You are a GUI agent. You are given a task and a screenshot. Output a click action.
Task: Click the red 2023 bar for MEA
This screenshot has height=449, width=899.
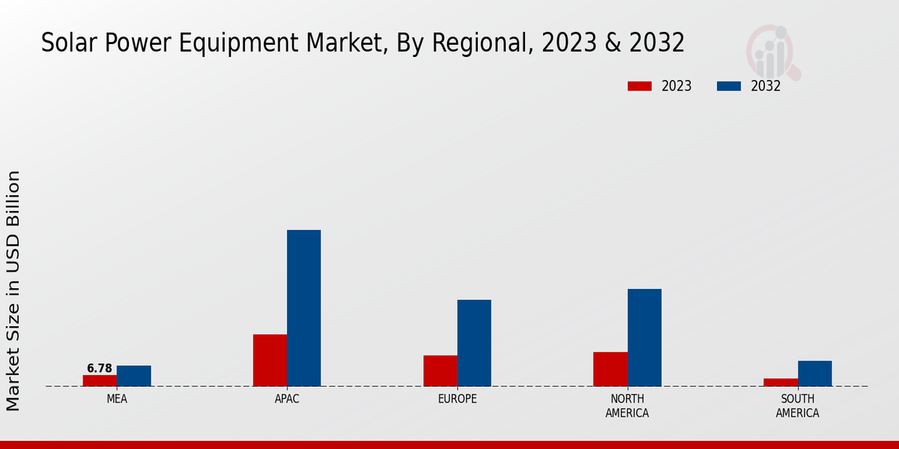point(100,381)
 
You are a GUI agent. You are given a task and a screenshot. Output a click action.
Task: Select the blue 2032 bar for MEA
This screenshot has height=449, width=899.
point(133,376)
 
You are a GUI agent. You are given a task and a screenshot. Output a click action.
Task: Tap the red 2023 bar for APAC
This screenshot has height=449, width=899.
point(270,360)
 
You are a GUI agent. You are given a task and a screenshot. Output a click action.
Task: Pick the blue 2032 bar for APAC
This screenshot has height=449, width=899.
point(303,308)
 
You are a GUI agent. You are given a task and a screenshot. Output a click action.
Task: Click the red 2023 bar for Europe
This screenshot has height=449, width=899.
point(440,370)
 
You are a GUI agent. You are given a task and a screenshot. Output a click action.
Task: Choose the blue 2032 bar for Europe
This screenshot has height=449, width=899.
point(474,343)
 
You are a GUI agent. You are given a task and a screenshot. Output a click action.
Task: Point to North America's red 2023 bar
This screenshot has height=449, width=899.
point(610,369)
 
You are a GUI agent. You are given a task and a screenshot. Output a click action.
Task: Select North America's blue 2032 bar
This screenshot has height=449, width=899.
point(644,337)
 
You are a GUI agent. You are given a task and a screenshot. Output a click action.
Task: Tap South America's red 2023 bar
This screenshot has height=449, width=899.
point(781,382)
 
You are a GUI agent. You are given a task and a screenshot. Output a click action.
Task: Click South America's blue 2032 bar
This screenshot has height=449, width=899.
point(814,373)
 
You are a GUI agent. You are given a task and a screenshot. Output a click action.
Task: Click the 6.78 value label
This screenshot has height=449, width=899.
point(100,368)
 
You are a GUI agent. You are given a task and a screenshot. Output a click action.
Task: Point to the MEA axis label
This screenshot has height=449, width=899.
point(117,399)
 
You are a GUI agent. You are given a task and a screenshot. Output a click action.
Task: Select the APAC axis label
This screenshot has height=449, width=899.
point(287,399)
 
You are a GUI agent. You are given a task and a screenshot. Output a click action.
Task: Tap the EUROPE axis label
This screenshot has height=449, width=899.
point(457,399)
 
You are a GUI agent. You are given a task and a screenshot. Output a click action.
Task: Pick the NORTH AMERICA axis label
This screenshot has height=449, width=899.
point(627,406)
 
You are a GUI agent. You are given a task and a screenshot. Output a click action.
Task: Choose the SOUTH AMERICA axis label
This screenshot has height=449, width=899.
point(797,406)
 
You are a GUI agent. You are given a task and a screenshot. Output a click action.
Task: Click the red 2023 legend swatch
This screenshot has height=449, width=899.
point(639,86)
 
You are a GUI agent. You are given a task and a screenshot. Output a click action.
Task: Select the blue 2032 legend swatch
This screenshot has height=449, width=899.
point(728,86)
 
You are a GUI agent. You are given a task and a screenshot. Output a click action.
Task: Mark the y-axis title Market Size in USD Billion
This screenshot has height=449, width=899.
point(13,290)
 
